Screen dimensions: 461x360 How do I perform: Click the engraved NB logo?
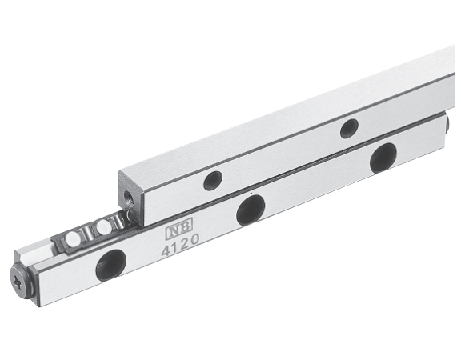point(178,225)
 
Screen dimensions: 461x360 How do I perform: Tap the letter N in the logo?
point(173,226)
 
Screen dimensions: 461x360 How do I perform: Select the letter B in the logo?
point(185,224)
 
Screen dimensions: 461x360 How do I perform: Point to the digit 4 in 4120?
point(166,250)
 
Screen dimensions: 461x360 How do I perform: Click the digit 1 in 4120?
point(176,247)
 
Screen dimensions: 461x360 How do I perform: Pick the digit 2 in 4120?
point(185,244)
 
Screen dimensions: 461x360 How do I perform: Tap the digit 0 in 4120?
point(194,240)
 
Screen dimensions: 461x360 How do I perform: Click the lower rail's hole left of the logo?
point(111,266)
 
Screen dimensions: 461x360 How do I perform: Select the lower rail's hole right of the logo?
point(251,210)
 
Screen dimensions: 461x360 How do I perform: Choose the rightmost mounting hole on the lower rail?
point(383,158)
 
